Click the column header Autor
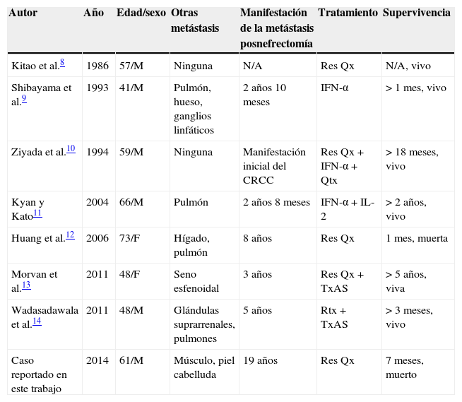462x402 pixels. (x=23, y=13)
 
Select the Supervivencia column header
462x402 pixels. (x=416, y=13)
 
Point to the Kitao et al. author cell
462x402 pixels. (x=35, y=66)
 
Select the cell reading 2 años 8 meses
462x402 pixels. (x=276, y=202)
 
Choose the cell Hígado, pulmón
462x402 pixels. (x=191, y=245)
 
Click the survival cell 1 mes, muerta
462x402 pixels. (x=417, y=239)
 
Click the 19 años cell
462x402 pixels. (x=260, y=361)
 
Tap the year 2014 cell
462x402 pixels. (x=97, y=361)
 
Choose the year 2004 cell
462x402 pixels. (x=97, y=202)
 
